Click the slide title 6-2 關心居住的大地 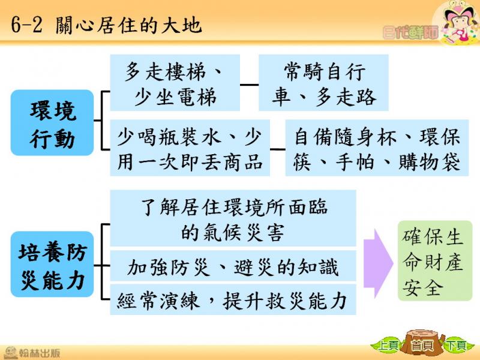point(106,25)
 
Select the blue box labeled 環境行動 point(52,123)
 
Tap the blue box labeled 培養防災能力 point(52,264)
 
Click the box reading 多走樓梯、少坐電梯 point(175,83)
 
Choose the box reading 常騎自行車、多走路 point(323,83)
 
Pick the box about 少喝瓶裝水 point(190,148)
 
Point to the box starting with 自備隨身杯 point(377,148)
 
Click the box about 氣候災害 point(233,218)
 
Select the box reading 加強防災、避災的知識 point(233,266)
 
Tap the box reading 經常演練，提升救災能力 point(233,299)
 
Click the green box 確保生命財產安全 point(434,260)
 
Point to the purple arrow point(379,263)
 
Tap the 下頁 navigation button point(456,346)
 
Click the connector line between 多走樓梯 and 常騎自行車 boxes point(249,85)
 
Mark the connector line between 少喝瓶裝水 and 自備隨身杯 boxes point(278,149)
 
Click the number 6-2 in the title point(26,25)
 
